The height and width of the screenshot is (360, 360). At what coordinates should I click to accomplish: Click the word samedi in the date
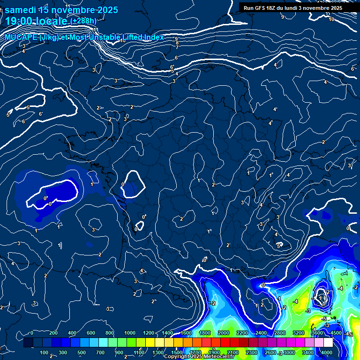click(x=21, y=10)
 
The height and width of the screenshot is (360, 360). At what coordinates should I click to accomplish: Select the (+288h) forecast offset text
click(x=83, y=21)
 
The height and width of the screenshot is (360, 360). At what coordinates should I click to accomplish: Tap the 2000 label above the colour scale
click(x=224, y=333)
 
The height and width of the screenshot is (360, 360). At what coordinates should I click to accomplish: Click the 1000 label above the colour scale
click(x=129, y=333)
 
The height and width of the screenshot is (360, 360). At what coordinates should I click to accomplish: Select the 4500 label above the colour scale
click(x=336, y=333)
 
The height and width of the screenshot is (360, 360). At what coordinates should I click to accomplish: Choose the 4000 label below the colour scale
click(x=327, y=352)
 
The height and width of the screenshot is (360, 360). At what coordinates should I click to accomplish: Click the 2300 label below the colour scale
click(x=252, y=352)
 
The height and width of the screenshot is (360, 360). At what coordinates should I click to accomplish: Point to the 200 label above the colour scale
click(x=53, y=333)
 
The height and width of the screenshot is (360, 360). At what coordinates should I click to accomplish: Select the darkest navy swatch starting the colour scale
click(x=28, y=343)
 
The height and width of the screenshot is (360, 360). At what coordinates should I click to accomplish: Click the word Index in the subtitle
click(x=153, y=37)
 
